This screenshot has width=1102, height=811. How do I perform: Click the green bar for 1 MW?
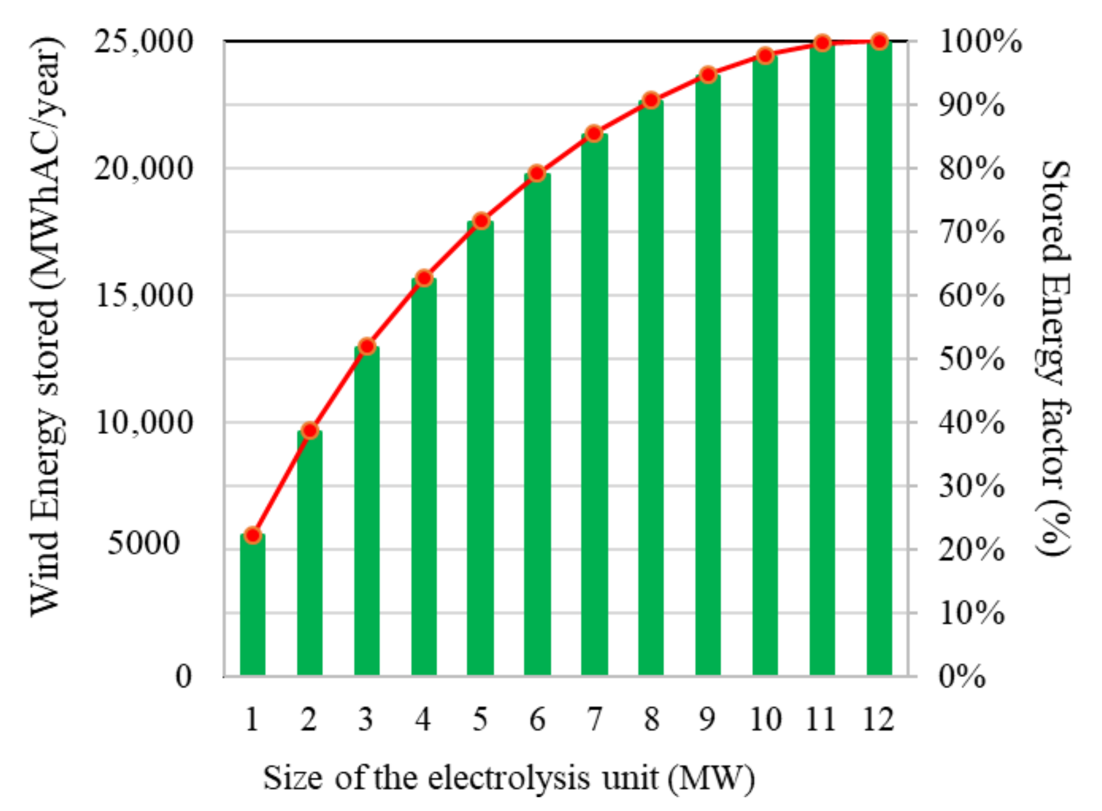tap(253, 606)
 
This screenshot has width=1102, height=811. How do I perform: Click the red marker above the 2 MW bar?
tap(310, 430)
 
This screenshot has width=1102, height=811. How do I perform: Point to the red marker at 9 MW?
tap(708, 75)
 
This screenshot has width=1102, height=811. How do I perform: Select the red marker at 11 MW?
tap(822, 43)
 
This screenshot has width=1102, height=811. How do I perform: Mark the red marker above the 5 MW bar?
tap(481, 221)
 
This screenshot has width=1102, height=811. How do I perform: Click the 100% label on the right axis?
tap(980, 42)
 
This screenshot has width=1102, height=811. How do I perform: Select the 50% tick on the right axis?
tap(972, 359)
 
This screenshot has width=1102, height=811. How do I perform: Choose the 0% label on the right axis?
tap(962, 677)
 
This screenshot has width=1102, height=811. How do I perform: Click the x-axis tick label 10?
tap(765, 720)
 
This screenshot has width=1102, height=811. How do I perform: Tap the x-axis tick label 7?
tap(594, 720)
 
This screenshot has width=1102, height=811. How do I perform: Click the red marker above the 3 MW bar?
tap(367, 347)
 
